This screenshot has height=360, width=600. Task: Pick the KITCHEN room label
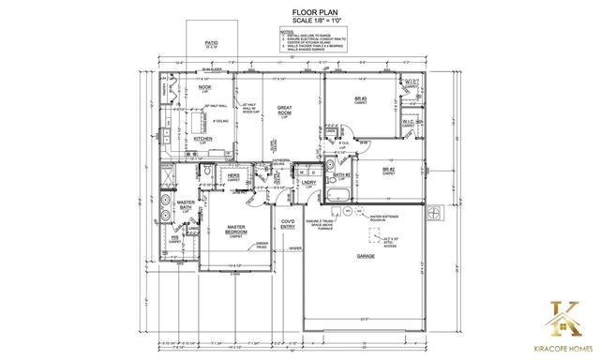(204, 140)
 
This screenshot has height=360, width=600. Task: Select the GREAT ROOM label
(285, 112)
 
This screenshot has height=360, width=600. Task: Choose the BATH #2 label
(340, 175)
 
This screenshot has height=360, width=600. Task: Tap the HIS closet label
(174, 238)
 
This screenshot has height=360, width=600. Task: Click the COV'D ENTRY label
(289, 224)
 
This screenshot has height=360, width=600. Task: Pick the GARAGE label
(364, 255)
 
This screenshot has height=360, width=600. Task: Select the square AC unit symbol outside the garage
(435, 214)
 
